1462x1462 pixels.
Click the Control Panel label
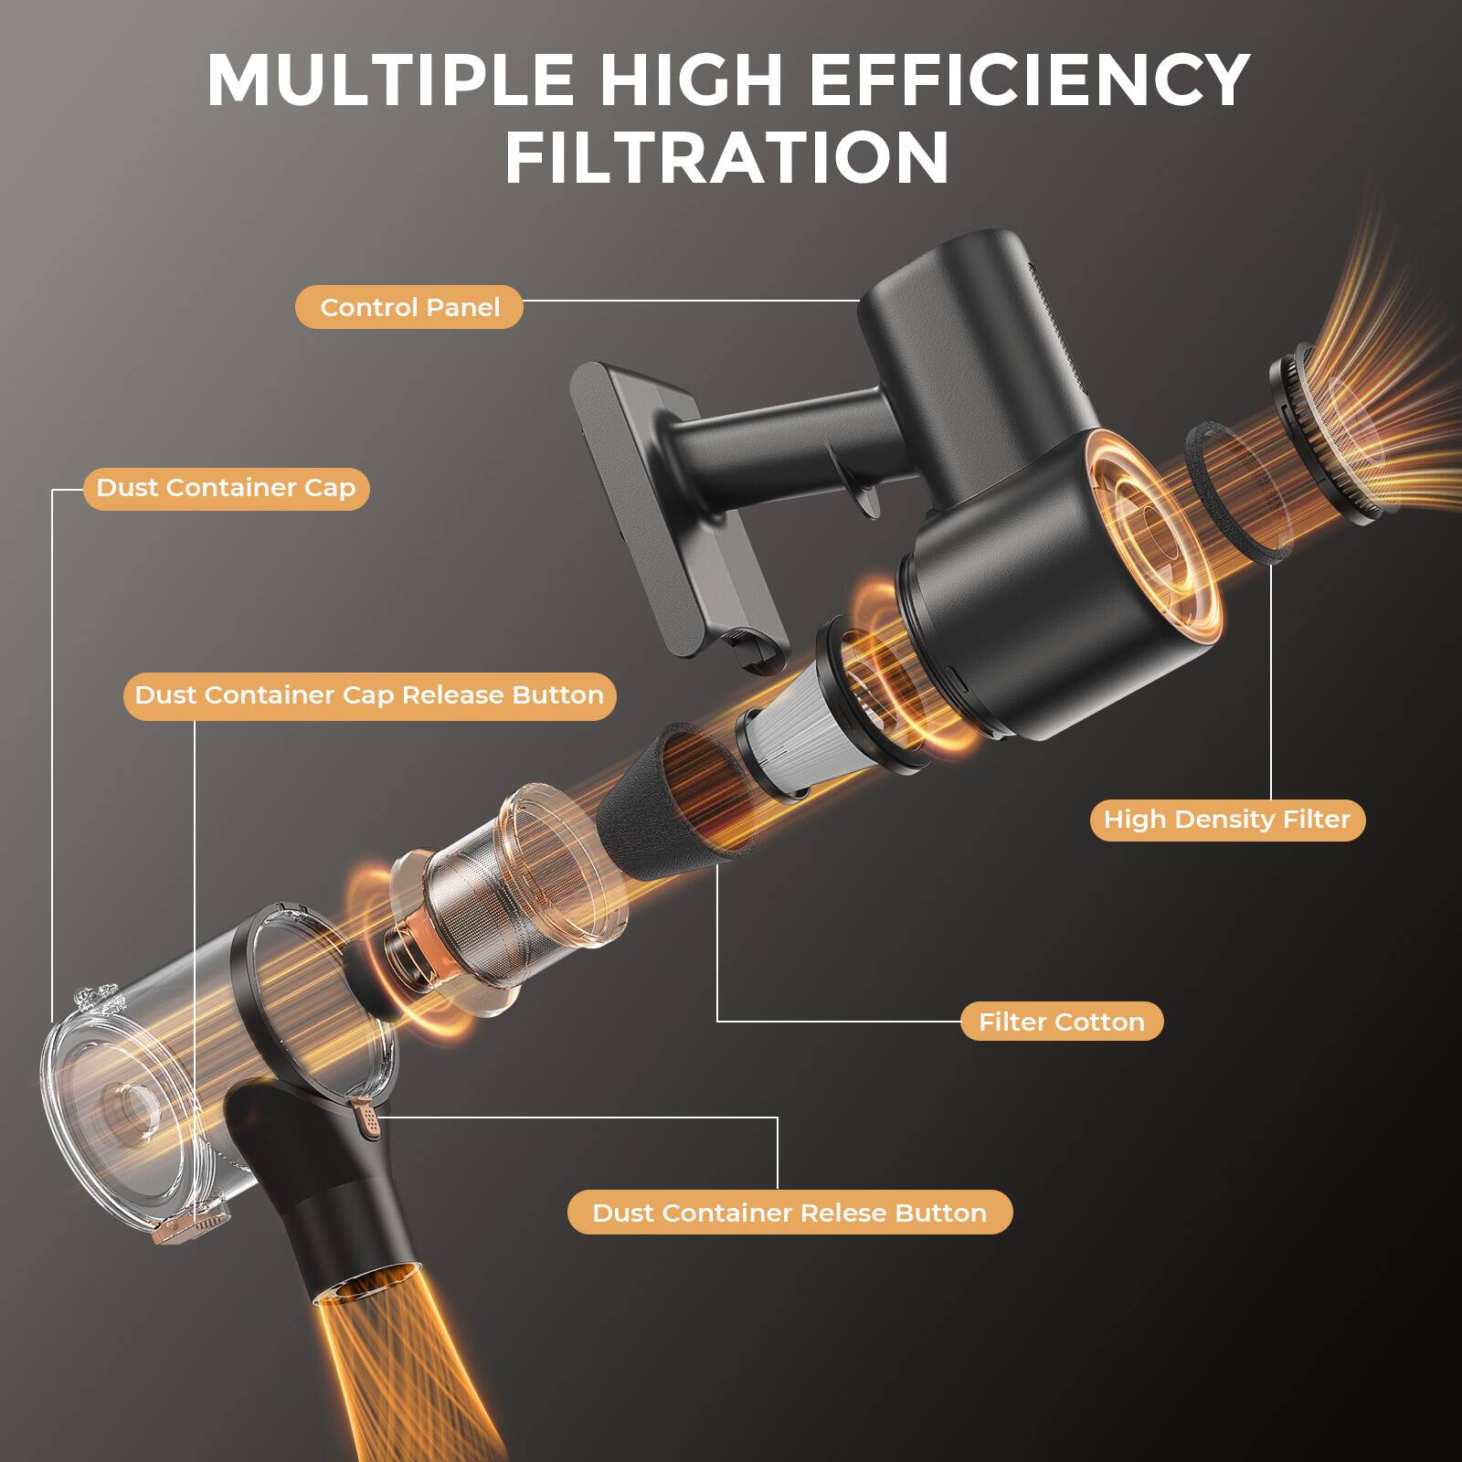(x=408, y=308)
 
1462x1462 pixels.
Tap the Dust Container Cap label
(x=226, y=488)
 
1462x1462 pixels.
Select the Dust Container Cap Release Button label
(x=369, y=695)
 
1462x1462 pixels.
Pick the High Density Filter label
(x=1226, y=820)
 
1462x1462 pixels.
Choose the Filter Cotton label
(x=1061, y=1022)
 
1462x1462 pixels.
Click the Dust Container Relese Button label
(x=789, y=1213)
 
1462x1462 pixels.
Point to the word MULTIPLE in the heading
(x=390, y=80)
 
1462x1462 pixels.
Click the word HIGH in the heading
(x=691, y=80)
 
